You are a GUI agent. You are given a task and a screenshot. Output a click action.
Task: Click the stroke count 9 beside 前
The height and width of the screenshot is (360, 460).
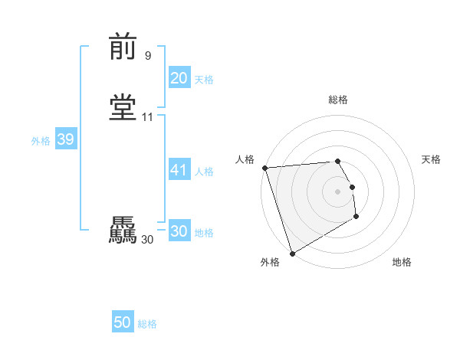147,55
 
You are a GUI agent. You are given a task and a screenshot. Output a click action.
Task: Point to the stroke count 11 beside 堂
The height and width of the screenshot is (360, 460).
147,117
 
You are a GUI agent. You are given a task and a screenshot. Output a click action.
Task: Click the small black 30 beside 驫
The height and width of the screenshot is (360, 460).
147,240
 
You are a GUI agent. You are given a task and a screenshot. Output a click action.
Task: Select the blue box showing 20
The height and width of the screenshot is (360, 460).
179,78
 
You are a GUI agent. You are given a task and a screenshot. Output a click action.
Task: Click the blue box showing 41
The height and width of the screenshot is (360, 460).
179,170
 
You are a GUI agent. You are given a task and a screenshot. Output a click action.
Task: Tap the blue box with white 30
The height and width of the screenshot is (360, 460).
179,231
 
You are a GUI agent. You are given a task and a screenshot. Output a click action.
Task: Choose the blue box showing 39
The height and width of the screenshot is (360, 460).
65,140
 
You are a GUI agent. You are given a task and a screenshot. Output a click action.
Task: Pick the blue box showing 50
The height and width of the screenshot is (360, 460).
123,323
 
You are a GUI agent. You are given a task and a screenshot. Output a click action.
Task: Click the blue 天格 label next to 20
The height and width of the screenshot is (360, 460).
204,80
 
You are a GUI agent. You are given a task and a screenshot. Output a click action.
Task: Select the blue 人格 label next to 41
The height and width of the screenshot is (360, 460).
204,172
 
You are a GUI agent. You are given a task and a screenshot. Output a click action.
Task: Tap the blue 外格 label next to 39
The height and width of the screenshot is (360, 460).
41,141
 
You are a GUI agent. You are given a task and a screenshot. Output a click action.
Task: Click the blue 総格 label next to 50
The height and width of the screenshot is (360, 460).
147,325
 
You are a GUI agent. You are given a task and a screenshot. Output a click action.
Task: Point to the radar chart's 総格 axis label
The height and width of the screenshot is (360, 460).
338,100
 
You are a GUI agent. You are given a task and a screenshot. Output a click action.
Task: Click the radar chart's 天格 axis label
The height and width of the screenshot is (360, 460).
431,159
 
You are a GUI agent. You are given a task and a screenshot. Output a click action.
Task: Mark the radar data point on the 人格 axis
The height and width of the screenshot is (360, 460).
264,168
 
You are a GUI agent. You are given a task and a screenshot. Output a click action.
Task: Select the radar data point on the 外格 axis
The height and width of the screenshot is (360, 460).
292,253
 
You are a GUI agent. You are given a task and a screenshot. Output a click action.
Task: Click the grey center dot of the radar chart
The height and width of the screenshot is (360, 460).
337,191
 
